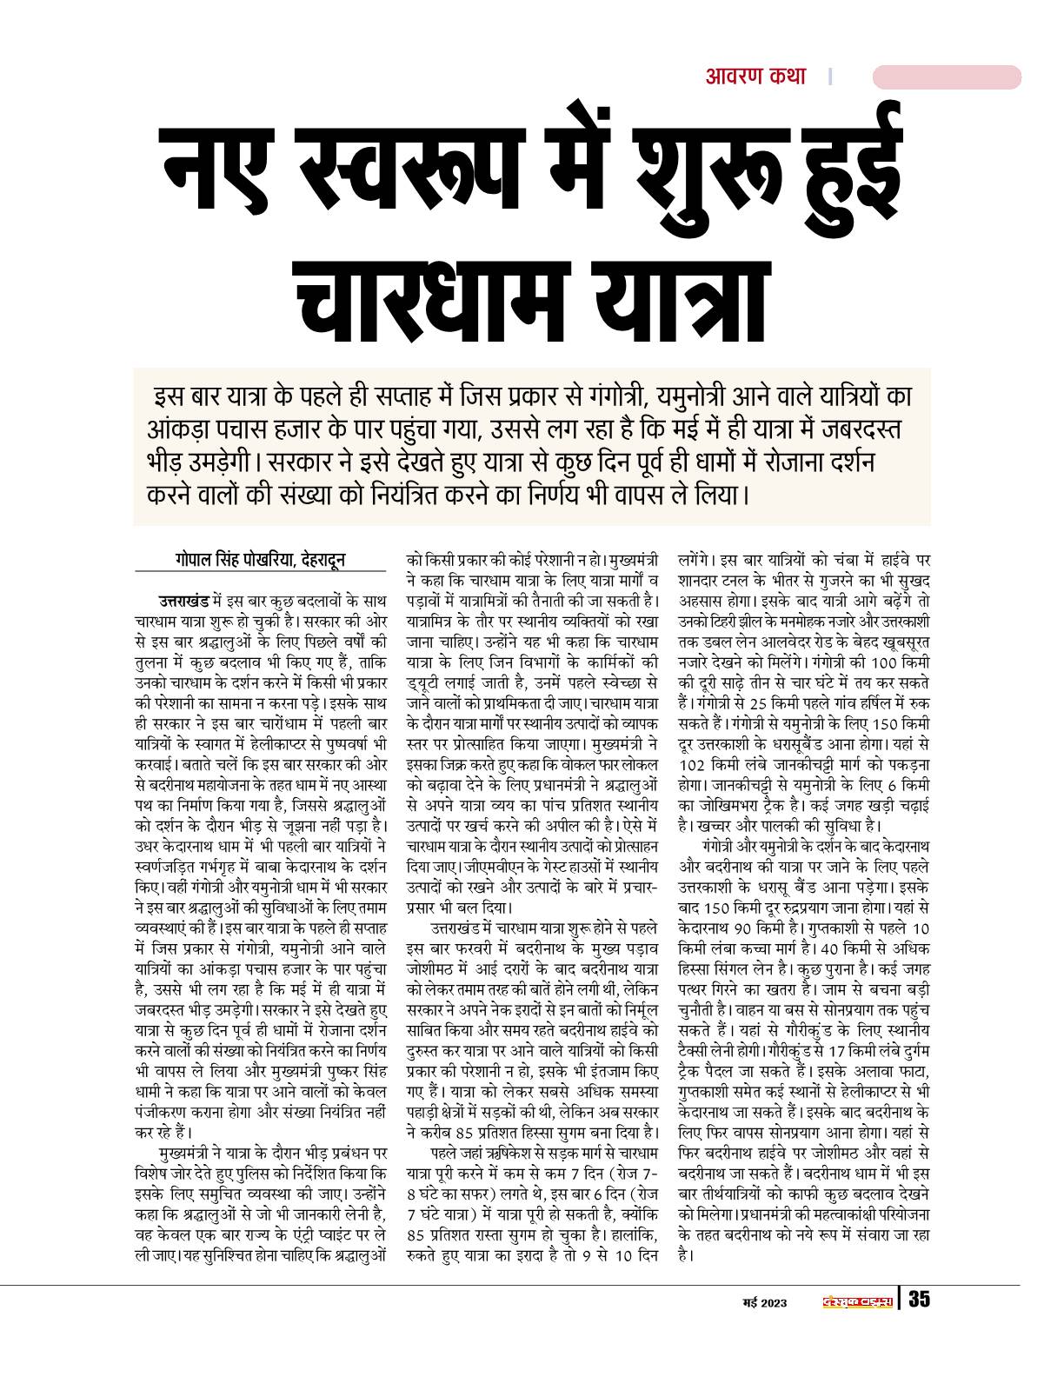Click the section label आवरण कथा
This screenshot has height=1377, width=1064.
[x=755, y=77]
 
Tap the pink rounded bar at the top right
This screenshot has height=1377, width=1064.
[x=946, y=77]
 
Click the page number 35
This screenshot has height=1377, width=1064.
[x=919, y=1300]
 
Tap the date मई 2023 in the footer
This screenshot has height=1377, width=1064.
[x=765, y=1301]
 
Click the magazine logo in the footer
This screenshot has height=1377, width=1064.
[x=857, y=1301]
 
